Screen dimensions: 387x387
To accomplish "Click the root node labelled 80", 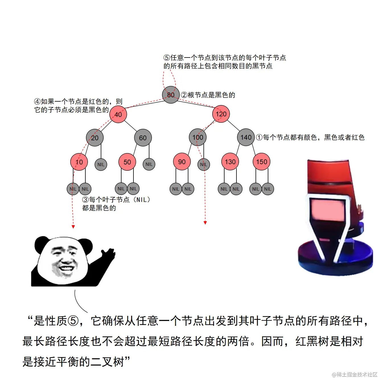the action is click(171, 95).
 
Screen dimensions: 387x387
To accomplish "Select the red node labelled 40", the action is click(118, 114).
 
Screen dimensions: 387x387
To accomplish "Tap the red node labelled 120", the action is click(221, 114).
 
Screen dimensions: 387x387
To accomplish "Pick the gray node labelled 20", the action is click(95, 138).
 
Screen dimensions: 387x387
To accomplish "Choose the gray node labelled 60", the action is click(143, 138).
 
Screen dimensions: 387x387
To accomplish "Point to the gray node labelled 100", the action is click(197, 137).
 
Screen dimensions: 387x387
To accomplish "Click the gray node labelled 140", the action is click(246, 137).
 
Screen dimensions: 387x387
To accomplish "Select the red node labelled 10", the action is click(79, 162).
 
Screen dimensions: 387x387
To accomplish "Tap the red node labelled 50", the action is click(127, 162).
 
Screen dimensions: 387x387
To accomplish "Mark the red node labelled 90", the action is click(182, 162).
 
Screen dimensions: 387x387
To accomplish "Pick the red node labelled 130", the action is click(230, 162).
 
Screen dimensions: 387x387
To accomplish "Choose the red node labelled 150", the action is click(262, 162).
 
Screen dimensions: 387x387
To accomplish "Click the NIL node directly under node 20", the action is click(101, 164).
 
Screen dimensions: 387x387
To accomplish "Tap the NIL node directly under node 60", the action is click(149, 164).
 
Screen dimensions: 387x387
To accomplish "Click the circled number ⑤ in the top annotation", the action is click(167, 58).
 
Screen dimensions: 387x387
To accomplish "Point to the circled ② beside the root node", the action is click(184, 95).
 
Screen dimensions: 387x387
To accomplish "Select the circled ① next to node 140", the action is click(259, 137).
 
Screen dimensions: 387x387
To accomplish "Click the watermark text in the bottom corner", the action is click(355, 374).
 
